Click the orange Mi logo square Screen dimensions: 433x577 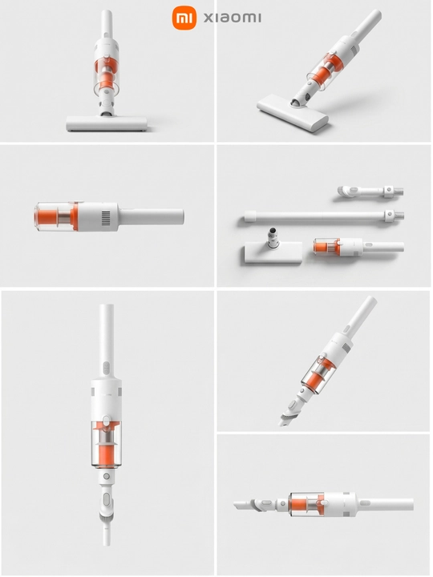(185, 18)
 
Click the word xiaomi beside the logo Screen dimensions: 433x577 (233, 18)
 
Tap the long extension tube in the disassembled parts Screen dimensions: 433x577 (324, 216)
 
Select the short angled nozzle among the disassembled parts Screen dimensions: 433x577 (370, 192)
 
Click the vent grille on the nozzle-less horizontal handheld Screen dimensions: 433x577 (106, 217)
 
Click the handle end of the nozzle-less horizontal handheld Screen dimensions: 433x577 (181, 217)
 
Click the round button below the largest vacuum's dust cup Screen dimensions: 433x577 (107, 476)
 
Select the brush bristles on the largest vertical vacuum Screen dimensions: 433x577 (107, 519)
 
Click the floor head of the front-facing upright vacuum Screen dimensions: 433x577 (107, 123)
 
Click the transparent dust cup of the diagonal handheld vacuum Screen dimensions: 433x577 (318, 375)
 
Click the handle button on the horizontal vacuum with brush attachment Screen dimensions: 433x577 (365, 502)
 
